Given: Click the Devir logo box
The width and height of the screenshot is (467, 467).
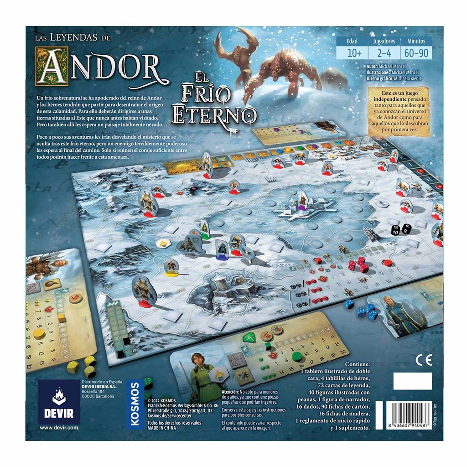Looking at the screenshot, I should point(59,401).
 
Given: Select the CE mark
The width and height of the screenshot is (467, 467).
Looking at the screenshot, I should point(423,360).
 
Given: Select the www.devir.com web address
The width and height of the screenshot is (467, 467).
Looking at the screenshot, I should point(58,428).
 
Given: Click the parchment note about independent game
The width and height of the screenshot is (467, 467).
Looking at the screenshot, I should point(400,112).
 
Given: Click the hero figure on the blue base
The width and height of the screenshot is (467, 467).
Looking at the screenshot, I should point(222,250).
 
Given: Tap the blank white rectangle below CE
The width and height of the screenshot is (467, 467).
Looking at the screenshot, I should point(412,381).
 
